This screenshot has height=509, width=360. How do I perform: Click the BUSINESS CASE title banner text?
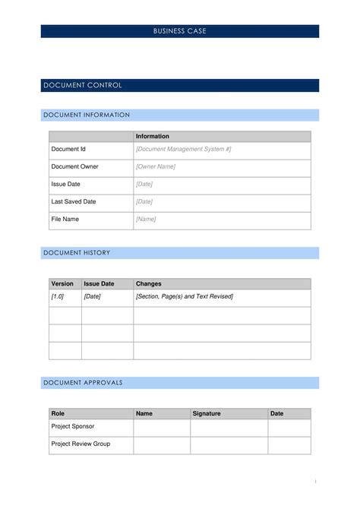[179, 31]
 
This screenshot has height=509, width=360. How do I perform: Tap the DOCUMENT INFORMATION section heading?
[87, 115]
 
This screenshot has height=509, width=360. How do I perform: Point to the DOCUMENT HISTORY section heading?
[77, 252]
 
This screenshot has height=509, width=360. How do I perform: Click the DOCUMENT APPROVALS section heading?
[83, 382]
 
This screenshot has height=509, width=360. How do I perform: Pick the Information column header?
[153, 136]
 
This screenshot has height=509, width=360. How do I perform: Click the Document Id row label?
[68, 149]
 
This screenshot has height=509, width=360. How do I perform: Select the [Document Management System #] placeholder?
[183, 149]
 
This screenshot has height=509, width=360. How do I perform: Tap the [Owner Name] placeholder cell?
[156, 166]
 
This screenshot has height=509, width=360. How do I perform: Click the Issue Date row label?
[66, 184]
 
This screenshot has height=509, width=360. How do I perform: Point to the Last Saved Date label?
[74, 201]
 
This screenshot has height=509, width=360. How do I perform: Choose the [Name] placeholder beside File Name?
[146, 219]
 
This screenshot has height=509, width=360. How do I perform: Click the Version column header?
[62, 283]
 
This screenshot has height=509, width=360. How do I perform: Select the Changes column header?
[149, 283]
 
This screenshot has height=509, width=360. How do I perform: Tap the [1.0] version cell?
[58, 296]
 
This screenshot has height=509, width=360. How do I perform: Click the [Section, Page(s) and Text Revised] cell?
[185, 296]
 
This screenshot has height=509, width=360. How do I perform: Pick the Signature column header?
[207, 413]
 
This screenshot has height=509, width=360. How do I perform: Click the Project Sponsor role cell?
[73, 426]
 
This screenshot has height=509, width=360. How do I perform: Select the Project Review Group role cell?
[81, 444]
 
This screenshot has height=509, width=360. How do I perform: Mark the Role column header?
[58, 413]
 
